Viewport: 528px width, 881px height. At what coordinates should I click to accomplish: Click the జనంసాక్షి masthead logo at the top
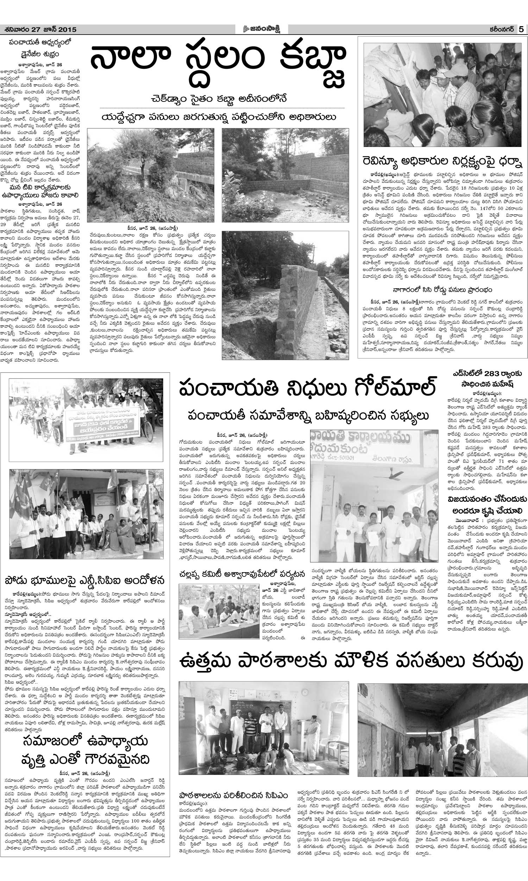264,29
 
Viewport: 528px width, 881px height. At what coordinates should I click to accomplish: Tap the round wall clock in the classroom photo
306,690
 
